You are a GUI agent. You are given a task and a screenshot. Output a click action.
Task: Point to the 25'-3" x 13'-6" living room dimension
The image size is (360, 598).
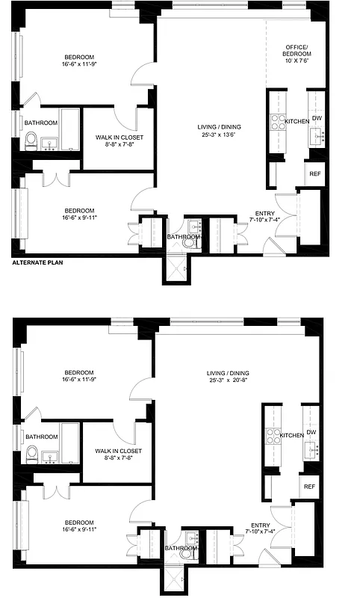[x=218, y=135]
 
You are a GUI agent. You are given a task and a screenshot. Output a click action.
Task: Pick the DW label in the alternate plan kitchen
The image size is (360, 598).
[x=317, y=118]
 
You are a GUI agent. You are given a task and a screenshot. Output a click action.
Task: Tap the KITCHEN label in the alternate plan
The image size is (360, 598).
[x=297, y=121]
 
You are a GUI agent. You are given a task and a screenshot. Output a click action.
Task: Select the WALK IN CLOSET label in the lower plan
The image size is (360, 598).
[x=120, y=451]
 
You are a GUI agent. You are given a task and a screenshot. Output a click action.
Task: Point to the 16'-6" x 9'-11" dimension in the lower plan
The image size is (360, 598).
[x=78, y=529]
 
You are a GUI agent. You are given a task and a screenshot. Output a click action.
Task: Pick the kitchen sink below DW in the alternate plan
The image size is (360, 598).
[x=316, y=135]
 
